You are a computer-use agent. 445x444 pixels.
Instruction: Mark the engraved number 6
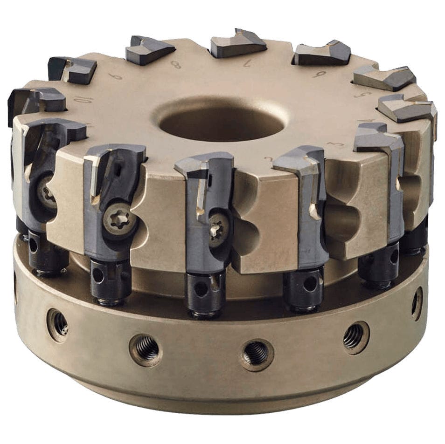coord(319,73)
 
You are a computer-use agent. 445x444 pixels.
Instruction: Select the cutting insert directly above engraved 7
coord(238,43)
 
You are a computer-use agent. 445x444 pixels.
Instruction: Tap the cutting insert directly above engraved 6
coord(323,53)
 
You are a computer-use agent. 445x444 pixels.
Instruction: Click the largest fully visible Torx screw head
coord(119,220)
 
